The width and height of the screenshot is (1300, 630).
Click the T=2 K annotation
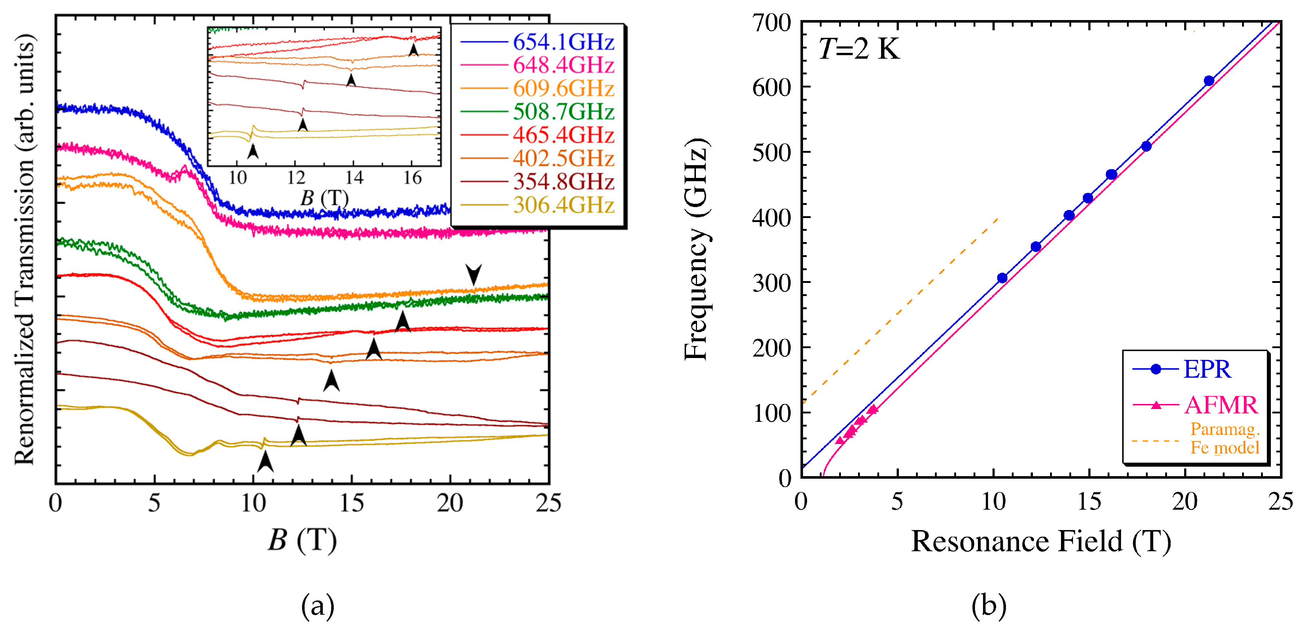(858, 50)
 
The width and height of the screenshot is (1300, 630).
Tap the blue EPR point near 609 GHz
(1209, 81)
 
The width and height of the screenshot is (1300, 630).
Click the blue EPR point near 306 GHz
(1002, 278)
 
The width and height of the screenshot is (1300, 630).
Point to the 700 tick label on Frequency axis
(771, 23)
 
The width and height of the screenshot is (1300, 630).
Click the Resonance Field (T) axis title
(1041, 542)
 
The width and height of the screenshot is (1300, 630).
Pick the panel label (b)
(988, 606)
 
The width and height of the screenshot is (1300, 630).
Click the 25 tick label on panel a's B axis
(548, 503)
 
